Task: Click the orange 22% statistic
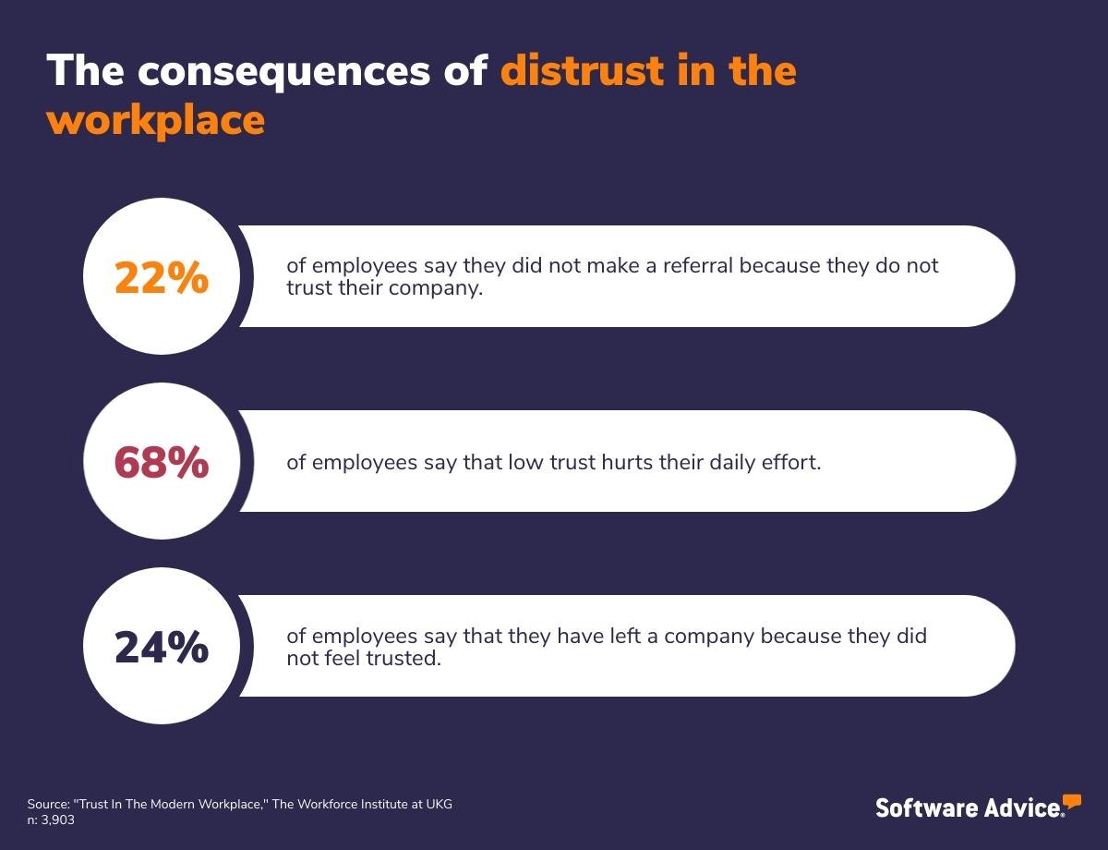pyautogui.click(x=162, y=277)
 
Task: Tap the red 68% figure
pyautogui.click(x=162, y=462)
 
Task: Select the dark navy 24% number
pyautogui.click(x=162, y=647)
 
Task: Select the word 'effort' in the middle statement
pyautogui.click(x=791, y=462)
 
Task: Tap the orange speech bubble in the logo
pyautogui.click(x=1071, y=800)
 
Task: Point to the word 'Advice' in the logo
pyautogui.click(x=1020, y=807)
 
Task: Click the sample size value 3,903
pyautogui.click(x=58, y=820)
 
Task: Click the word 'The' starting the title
pyautogui.click(x=85, y=71)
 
